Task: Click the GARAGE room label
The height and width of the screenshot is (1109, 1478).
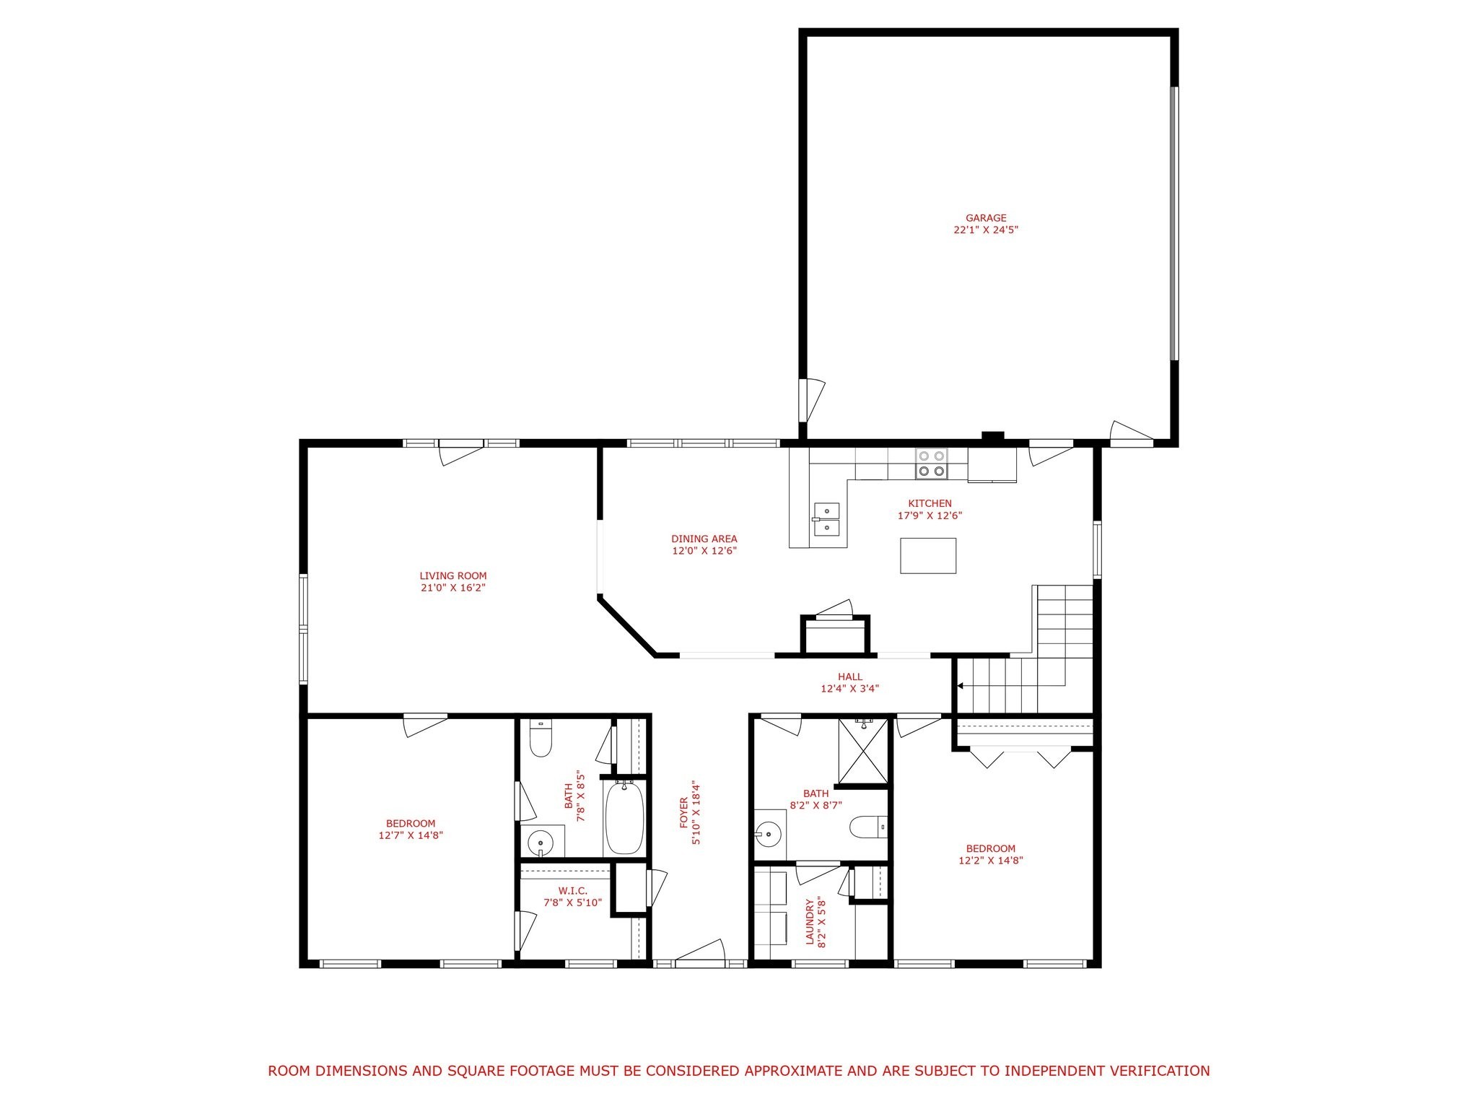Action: pos(986,218)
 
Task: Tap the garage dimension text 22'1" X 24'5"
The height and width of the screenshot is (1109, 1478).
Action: pos(986,230)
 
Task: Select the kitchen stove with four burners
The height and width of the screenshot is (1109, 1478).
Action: pos(932,464)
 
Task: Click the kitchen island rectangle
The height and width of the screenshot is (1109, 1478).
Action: pos(928,555)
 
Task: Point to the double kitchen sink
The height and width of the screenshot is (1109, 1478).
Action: pos(826,519)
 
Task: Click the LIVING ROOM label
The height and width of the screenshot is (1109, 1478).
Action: pos(453,576)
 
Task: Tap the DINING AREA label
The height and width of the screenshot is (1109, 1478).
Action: pos(704,539)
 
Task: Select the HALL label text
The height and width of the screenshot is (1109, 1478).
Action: pos(850,677)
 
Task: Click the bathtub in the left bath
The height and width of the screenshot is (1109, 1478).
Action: pos(624,818)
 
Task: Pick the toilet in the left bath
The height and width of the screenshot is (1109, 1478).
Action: pos(541,738)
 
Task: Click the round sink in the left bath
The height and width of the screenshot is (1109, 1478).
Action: pos(540,842)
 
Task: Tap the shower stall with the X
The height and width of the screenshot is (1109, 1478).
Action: pos(863,752)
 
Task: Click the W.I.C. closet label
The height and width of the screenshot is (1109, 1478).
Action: pos(573,891)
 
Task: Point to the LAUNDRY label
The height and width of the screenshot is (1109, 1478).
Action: pos(810,921)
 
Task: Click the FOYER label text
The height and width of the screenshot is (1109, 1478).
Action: pos(684,812)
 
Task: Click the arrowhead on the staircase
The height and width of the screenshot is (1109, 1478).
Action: pos(961,686)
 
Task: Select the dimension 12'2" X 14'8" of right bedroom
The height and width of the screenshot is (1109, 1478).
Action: pos(991,861)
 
